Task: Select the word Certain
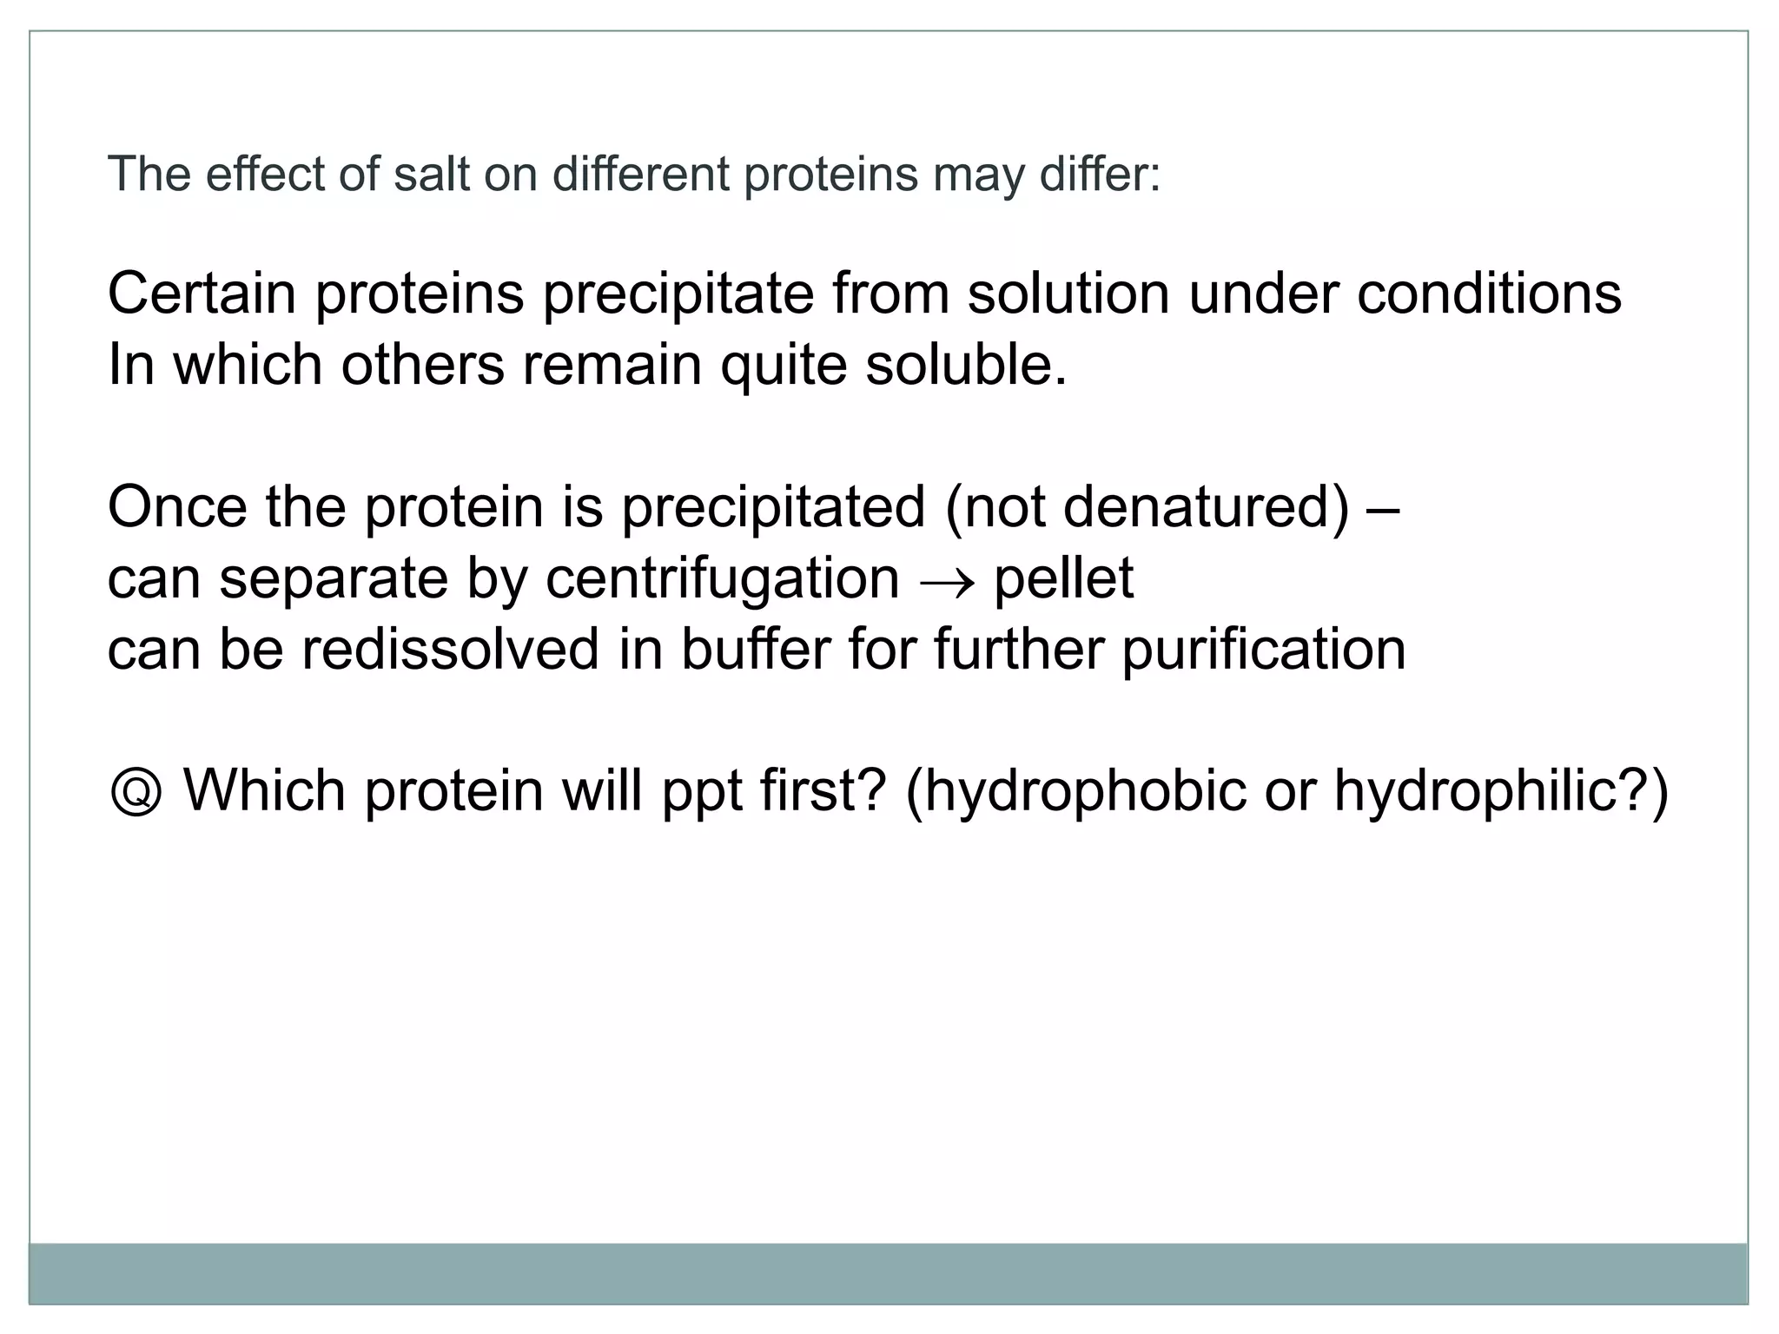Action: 202,294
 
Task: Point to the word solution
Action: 1069,294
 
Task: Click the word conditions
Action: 1489,294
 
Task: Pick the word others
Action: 422,365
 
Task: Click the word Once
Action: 177,507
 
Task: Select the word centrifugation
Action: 722,580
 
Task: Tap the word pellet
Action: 1063,579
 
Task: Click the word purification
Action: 1264,651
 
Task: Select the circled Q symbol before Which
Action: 136,792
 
